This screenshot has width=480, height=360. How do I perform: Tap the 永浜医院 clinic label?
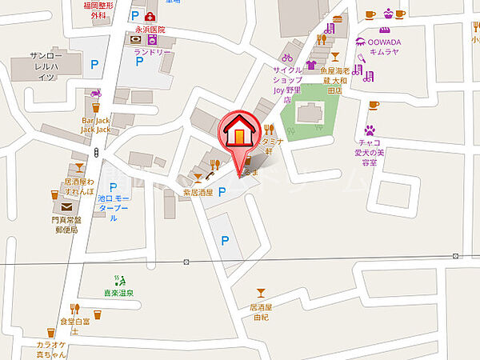(x=150, y=29)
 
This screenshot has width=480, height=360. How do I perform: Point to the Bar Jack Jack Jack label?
(x=95, y=125)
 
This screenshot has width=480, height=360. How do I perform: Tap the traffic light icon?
(x=96, y=152)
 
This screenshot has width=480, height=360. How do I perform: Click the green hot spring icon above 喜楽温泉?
(x=121, y=280)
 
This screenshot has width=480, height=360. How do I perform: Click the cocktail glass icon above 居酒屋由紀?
(x=260, y=294)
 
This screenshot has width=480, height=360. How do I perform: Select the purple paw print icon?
(x=370, y=129)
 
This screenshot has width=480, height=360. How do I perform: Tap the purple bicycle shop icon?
(x=287, y=58)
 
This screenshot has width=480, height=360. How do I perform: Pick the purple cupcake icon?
(x=389, y=14)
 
